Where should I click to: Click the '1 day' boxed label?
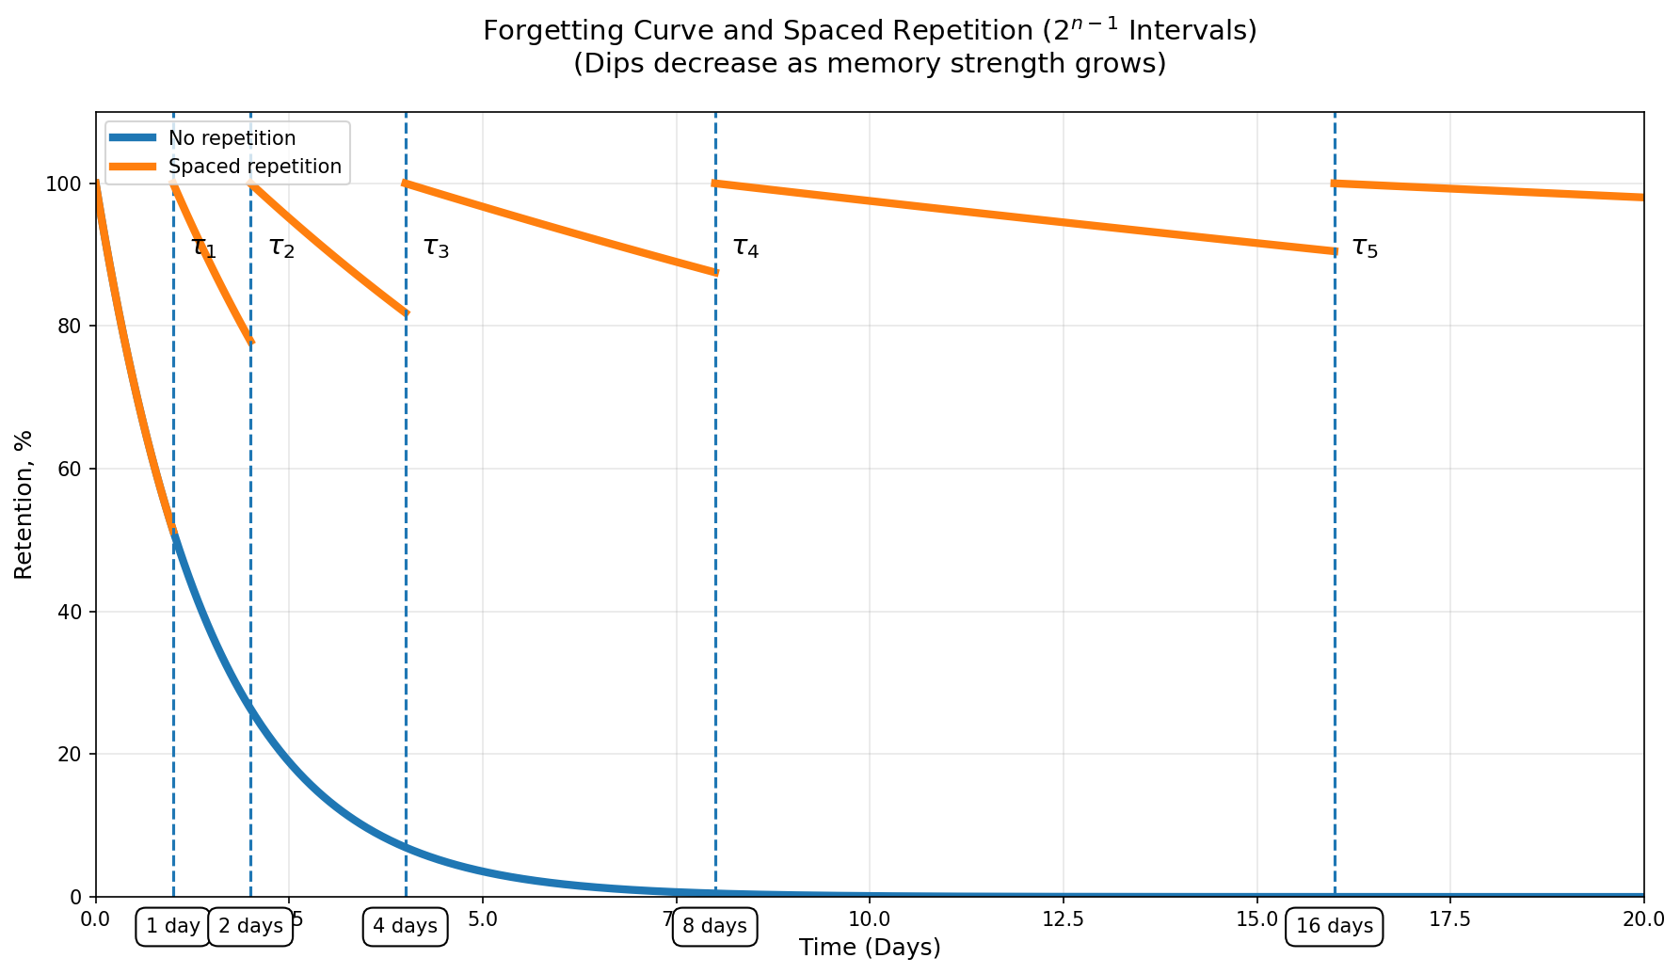[173, 926]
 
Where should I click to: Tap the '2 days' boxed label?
[250, 926]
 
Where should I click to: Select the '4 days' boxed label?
[405, 926]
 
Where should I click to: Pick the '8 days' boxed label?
[714, 926]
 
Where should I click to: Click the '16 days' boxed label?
[1335, 926]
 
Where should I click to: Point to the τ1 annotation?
[203, 248]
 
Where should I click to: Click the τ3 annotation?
[436, 248]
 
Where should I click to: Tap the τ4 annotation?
[745, 248]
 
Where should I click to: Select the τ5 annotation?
[1365, 248]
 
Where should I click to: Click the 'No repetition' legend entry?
[232, 138]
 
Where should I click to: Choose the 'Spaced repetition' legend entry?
[254, 168]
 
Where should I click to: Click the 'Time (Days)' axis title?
[870, 948]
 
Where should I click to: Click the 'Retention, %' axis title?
[24, 504]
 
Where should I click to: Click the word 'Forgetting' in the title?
[536, 31]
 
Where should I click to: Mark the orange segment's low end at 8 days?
[715, 272]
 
